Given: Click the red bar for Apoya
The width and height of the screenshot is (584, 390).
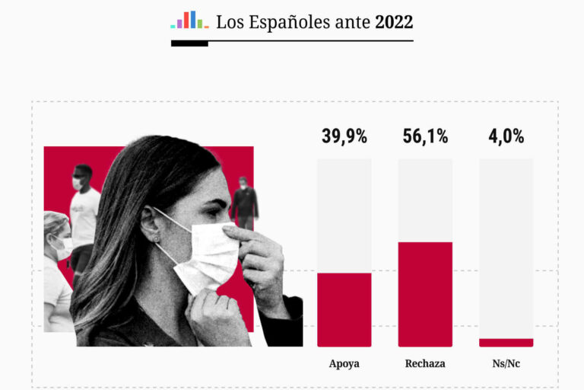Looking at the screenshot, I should pos(344,309).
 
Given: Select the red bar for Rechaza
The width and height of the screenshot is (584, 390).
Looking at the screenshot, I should pos(425,294).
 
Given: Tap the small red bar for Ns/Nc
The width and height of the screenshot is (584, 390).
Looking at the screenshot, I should pos(506,343).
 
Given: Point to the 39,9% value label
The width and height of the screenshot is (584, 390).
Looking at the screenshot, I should pos(344,137).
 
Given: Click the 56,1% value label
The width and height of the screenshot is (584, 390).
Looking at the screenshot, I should pos(425,137).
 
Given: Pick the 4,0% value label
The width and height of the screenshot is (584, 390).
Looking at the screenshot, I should pos(506,137).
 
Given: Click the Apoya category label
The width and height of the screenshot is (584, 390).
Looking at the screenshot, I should pos(344,364).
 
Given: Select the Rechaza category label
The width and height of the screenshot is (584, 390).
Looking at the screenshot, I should pos(425,364).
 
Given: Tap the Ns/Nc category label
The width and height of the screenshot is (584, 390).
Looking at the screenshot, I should pos(506,364).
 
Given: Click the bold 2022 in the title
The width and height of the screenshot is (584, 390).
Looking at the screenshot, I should pos(394,22).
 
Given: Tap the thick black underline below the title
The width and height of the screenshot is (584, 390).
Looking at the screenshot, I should pos(189,43).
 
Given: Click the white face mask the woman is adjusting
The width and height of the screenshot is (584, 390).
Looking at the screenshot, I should pos(209,255).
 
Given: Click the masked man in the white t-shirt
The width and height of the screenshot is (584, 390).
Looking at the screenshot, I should pos(83,209).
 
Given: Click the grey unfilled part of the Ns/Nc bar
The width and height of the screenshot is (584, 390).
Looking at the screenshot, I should pos(506,244).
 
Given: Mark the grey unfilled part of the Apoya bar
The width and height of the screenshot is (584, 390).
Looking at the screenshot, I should pos(344,213).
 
